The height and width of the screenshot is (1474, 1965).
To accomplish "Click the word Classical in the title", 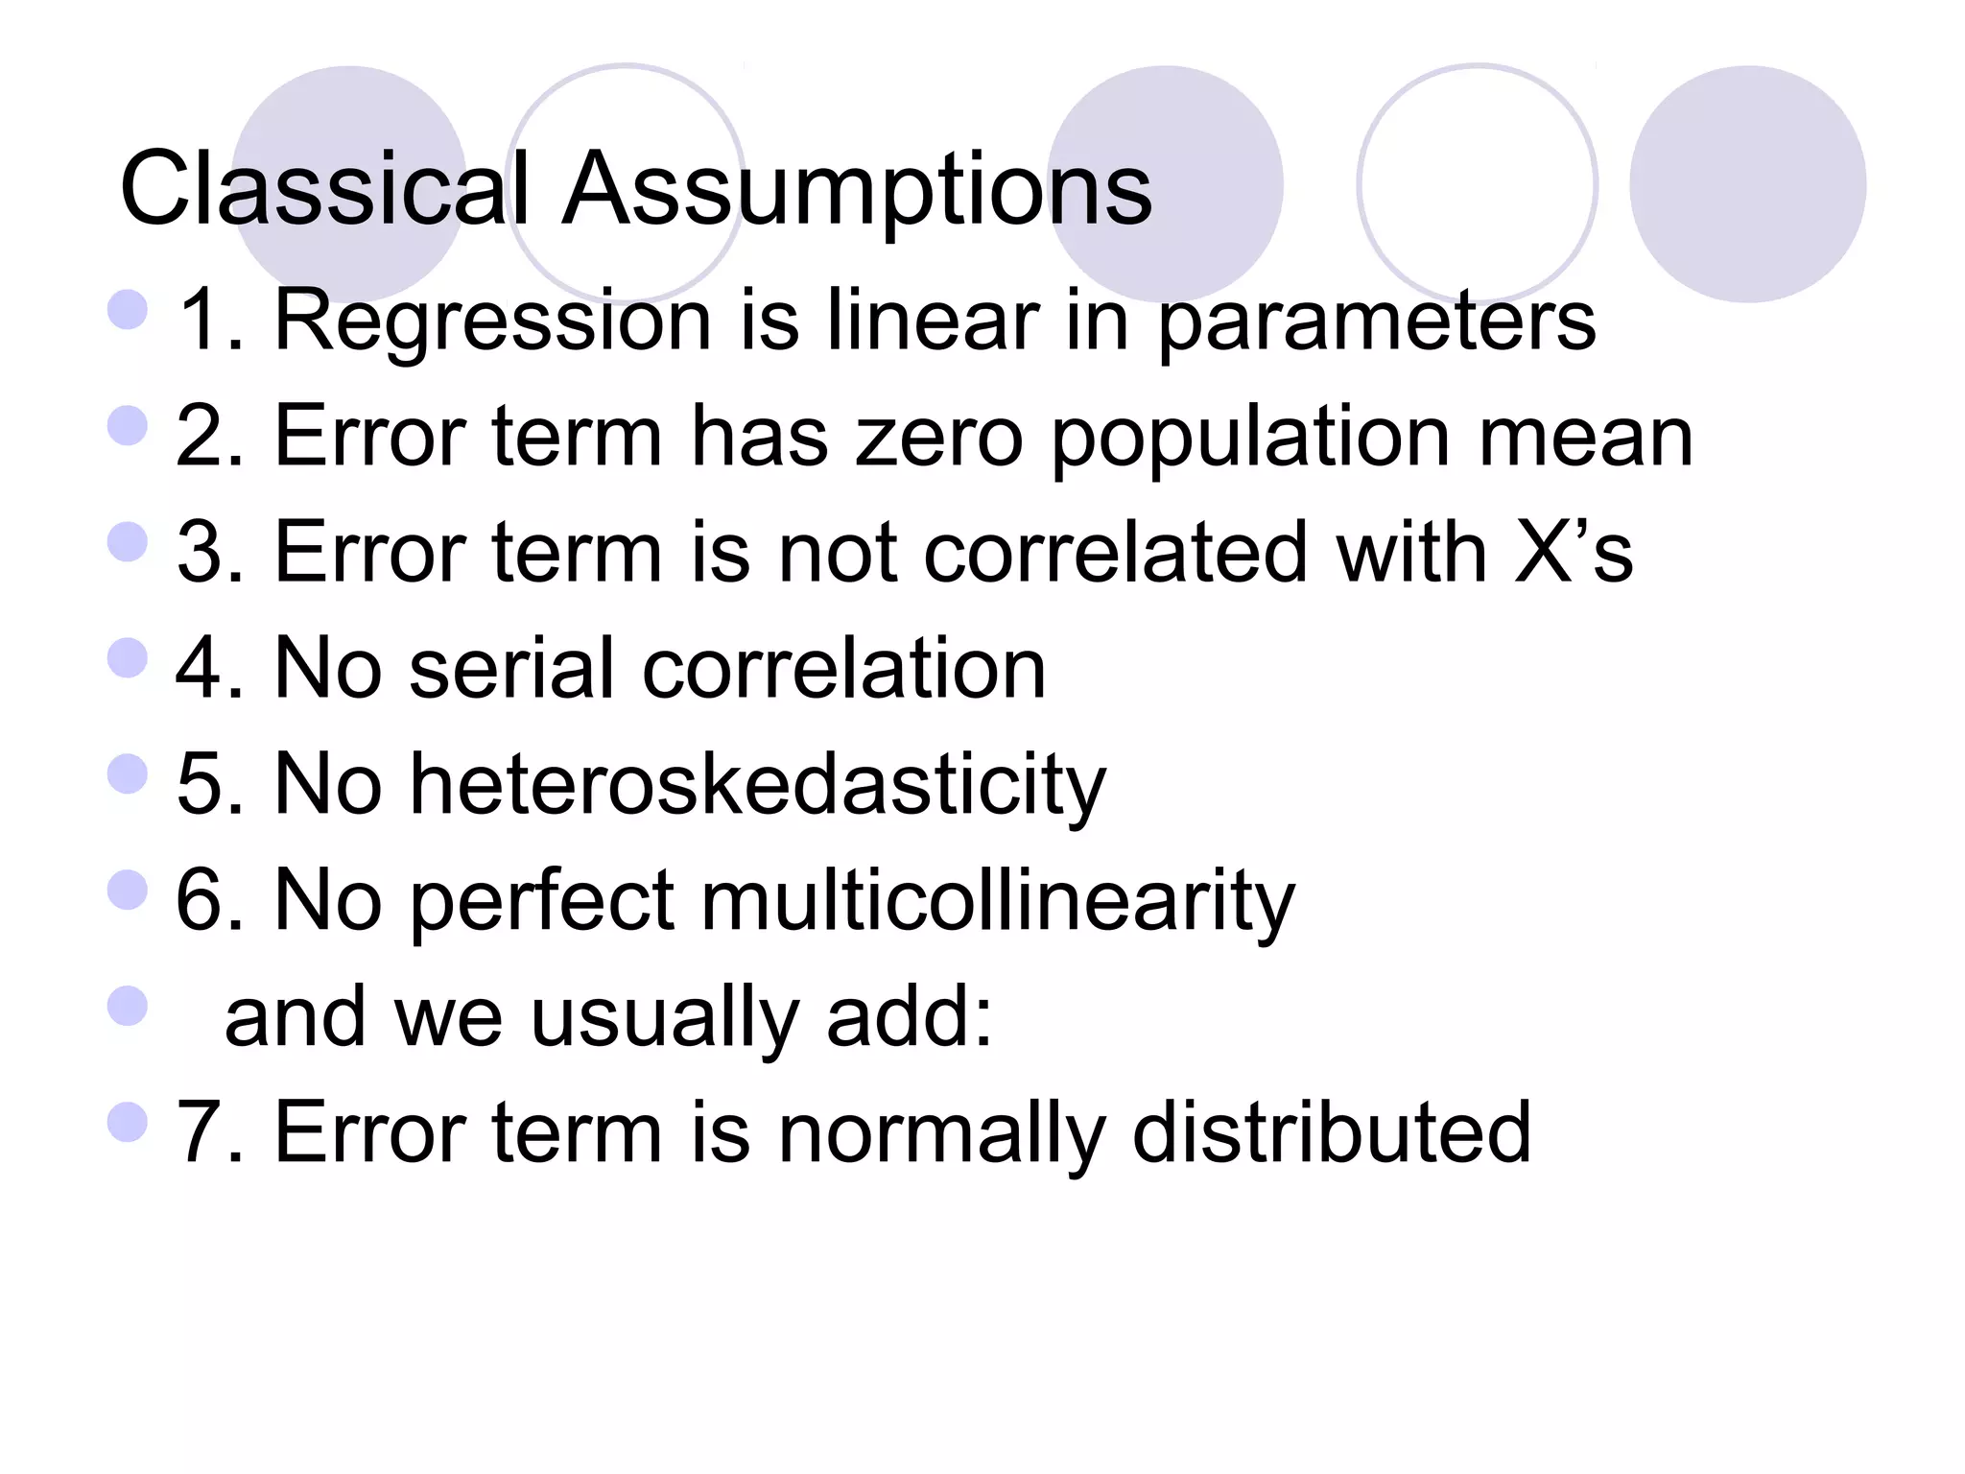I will click(324, 189).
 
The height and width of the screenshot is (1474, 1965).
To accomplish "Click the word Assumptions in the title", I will click(856, 189).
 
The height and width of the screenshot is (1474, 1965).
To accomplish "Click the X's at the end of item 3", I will click(1574, 553).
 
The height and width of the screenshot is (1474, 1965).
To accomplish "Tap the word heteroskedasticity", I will click(758, 785).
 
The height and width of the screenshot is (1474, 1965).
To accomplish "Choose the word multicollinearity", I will click(998, 901).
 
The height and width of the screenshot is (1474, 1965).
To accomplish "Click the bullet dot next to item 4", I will click(128, 658).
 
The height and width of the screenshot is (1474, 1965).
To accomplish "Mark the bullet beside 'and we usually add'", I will click(128, 1007).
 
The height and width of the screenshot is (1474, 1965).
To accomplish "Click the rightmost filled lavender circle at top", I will click(1747, 183).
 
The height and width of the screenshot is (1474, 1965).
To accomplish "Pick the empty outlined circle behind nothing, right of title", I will click(1477, 183).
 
